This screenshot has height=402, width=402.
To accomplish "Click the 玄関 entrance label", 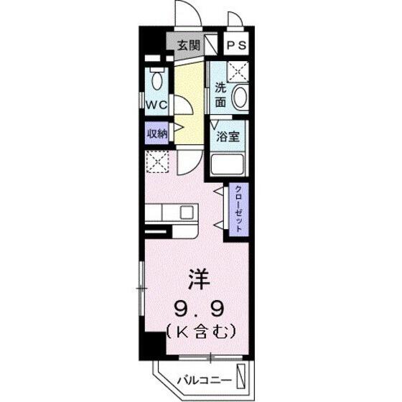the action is [x=189, y=46].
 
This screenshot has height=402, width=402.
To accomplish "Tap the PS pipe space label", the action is [x=236, y=45].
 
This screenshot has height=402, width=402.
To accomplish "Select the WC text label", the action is [x=156, y=105].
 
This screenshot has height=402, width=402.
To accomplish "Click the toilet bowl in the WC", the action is [x=157, y=80].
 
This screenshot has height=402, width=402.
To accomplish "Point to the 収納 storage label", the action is [x=157, y=134].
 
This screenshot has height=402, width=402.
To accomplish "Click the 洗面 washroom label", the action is [x=220, y=95].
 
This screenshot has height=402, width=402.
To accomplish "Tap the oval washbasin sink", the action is [x=240, y=98].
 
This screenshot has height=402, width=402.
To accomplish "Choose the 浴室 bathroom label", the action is [x=228, y=136].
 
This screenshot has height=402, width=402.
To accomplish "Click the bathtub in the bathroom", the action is [x=227, y=164].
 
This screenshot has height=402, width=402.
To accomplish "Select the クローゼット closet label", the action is [x=238, y=208].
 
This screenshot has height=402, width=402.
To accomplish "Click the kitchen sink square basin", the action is [x=187, y=212].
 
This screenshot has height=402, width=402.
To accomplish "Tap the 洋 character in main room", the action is [x=200, y=279].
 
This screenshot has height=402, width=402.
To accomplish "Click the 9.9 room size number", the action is [x=200, y=309].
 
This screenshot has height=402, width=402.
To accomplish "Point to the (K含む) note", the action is [x=201, y=332].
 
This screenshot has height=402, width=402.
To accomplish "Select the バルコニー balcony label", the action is [x=204, y=380].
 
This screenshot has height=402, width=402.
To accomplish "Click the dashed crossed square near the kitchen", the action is [x=157, y=162].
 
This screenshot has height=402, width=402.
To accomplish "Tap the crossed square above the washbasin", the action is [x=238, y=72].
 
